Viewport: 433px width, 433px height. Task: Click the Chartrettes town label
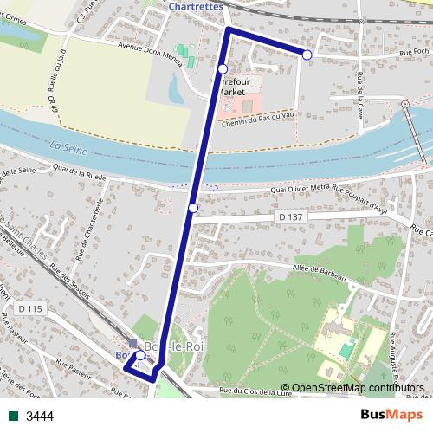point(197,5)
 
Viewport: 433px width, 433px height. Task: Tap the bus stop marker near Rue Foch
point(307,55)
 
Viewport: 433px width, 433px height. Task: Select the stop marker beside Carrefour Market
point(223,68)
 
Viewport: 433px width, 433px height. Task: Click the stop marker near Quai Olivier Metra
point(193,208)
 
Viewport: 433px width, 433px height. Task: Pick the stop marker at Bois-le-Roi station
point(140,355)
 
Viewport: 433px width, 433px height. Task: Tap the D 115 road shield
point(29,308)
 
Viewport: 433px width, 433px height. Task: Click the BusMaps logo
point(391,415)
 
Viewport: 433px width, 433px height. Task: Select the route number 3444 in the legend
point(40,417)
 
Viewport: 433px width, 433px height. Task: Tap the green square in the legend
point(14,417)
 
